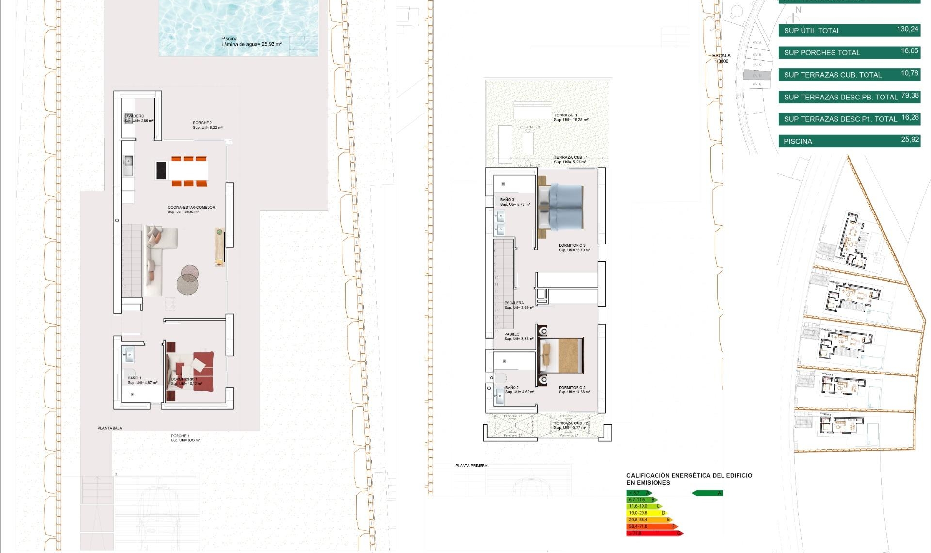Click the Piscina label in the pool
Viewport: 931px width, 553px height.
point(229,39)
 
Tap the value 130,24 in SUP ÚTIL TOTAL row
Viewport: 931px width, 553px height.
point(907,29)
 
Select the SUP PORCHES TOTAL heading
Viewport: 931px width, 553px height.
point(822,52)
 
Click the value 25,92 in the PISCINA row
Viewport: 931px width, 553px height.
point(910,140)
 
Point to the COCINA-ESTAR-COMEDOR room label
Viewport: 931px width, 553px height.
point(191,208)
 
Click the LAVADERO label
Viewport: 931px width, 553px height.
point(134,116)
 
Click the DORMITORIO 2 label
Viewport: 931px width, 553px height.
point(572,388)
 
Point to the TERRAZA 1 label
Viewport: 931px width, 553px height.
point(565,115)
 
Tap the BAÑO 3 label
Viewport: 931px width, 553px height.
point(507,200)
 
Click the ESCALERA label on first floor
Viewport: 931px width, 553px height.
point(514,303)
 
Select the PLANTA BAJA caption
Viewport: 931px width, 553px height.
point(110,428)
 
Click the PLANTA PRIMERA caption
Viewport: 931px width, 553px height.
point(471,466)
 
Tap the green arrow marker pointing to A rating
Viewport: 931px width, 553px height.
point(707,493)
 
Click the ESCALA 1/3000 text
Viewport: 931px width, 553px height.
point(721,58)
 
